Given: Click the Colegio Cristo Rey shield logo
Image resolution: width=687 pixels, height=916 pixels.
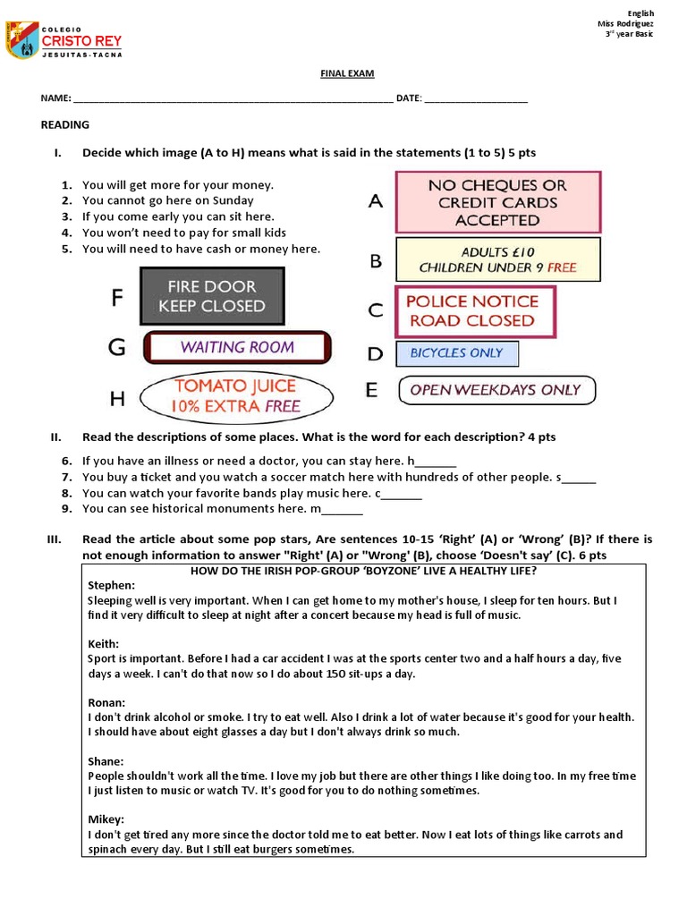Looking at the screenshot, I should click(21, 41).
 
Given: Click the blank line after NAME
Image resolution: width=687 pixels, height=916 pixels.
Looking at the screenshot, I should click(233, 100).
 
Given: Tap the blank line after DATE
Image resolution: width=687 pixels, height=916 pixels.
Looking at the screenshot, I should click(476, 100).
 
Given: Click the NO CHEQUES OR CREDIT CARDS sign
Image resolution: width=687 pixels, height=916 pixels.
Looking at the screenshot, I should click(498, 202).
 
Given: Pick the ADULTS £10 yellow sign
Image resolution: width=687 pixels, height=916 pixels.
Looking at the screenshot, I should click(498, 259).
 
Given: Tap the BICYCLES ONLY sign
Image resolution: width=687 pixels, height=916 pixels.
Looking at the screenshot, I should click(457, 353).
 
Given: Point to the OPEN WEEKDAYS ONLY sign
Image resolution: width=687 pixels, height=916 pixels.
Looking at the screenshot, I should click(496, 390).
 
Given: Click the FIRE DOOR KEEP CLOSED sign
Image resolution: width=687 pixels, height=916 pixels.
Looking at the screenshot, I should click(212, 296).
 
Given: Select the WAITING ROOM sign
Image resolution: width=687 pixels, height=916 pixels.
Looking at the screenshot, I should click(237, 348).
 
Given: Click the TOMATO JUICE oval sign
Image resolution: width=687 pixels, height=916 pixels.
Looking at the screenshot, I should click(237, 396).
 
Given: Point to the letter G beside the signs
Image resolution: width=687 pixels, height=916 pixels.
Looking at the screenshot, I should click(117, 348).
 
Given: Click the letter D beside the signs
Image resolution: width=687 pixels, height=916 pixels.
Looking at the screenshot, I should click(375, 354).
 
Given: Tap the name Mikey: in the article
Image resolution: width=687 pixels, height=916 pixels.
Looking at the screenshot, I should click(106, 819).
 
